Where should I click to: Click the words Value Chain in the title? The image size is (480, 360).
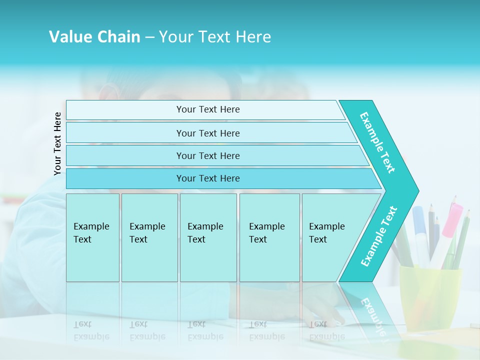[x=94, y=37]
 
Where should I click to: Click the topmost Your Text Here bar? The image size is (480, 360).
[x=208, y=109]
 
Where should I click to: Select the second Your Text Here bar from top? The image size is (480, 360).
[x=208, y=133]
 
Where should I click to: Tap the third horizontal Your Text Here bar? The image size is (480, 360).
[x=208, y=155]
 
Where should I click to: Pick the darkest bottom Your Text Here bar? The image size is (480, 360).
[x=208, y=178]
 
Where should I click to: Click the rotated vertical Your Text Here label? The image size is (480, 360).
[x=57, y=143]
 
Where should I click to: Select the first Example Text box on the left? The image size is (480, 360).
[x=92, y=237]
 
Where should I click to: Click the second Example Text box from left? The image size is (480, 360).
[x=149, y=237]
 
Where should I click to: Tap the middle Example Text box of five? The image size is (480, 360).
[x=208, y=237]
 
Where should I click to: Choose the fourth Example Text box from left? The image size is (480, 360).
[x=269, y=237]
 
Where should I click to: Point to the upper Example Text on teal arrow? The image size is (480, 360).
[x=377, y=142]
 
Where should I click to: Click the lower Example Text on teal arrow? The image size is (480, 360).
[x=379, y=236]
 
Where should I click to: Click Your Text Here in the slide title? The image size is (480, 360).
[x=215, y=37]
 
